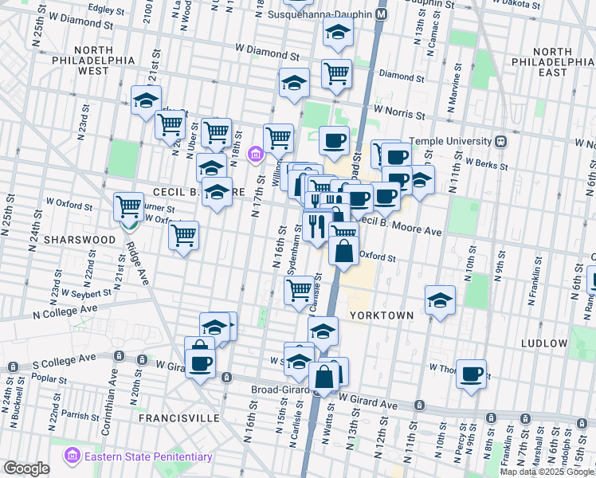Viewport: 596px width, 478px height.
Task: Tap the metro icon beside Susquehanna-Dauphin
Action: tap(382, 14)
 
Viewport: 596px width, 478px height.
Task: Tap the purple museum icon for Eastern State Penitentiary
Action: tap(72, 456)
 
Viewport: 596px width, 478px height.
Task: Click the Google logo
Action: tap(26, 468)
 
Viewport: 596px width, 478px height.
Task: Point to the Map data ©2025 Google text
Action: tap(547, 472)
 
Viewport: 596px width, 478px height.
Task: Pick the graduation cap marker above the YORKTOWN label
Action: tap(439, 300)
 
